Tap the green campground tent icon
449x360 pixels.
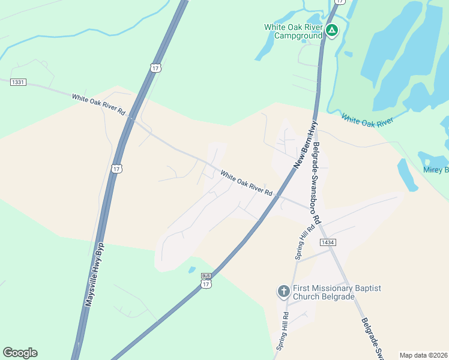(331, 30)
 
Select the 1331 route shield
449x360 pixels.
(18, 82)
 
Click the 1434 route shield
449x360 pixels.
(327, 242)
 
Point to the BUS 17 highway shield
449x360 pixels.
(206, 281)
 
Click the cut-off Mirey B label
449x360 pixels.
(436, 170)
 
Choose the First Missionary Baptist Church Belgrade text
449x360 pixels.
(337, 292)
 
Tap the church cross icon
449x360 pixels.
(284, 292)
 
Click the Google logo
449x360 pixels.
(20, 353)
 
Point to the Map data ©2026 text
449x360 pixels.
(423, 355)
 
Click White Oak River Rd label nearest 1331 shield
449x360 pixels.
(99, 104)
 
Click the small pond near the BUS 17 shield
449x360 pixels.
(192, 269)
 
